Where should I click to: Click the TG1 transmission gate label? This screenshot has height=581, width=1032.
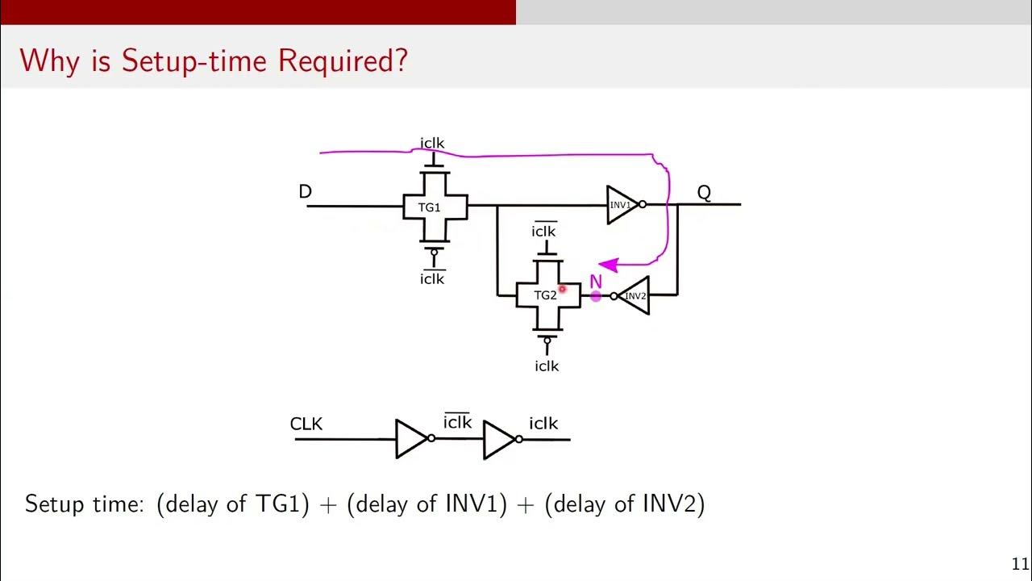pos(429,207)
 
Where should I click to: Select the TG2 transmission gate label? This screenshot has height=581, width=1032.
pos(545,295)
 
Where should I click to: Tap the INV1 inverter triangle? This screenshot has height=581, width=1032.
pos(622,205)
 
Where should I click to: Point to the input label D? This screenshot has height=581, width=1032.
pos(305,192)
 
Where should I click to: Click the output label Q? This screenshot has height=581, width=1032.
pos(704,193)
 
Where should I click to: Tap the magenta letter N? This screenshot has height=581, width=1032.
pos(596,282)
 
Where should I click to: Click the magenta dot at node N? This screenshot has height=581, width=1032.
pos(596,297)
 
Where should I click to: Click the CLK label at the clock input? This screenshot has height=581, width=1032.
pos(306,424)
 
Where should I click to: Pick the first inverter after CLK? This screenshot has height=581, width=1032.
pos(412,439)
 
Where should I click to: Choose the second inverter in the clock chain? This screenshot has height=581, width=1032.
pos(499,439)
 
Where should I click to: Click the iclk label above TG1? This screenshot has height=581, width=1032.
pos(432,144)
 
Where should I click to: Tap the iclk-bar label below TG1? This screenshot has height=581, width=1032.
pos(432,278)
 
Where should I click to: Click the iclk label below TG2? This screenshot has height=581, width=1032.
pos(547,366)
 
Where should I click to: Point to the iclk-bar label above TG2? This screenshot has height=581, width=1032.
pos(543,232)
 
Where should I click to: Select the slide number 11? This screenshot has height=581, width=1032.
pos(1020,564)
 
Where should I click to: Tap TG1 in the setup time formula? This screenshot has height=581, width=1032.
pos(278,504)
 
